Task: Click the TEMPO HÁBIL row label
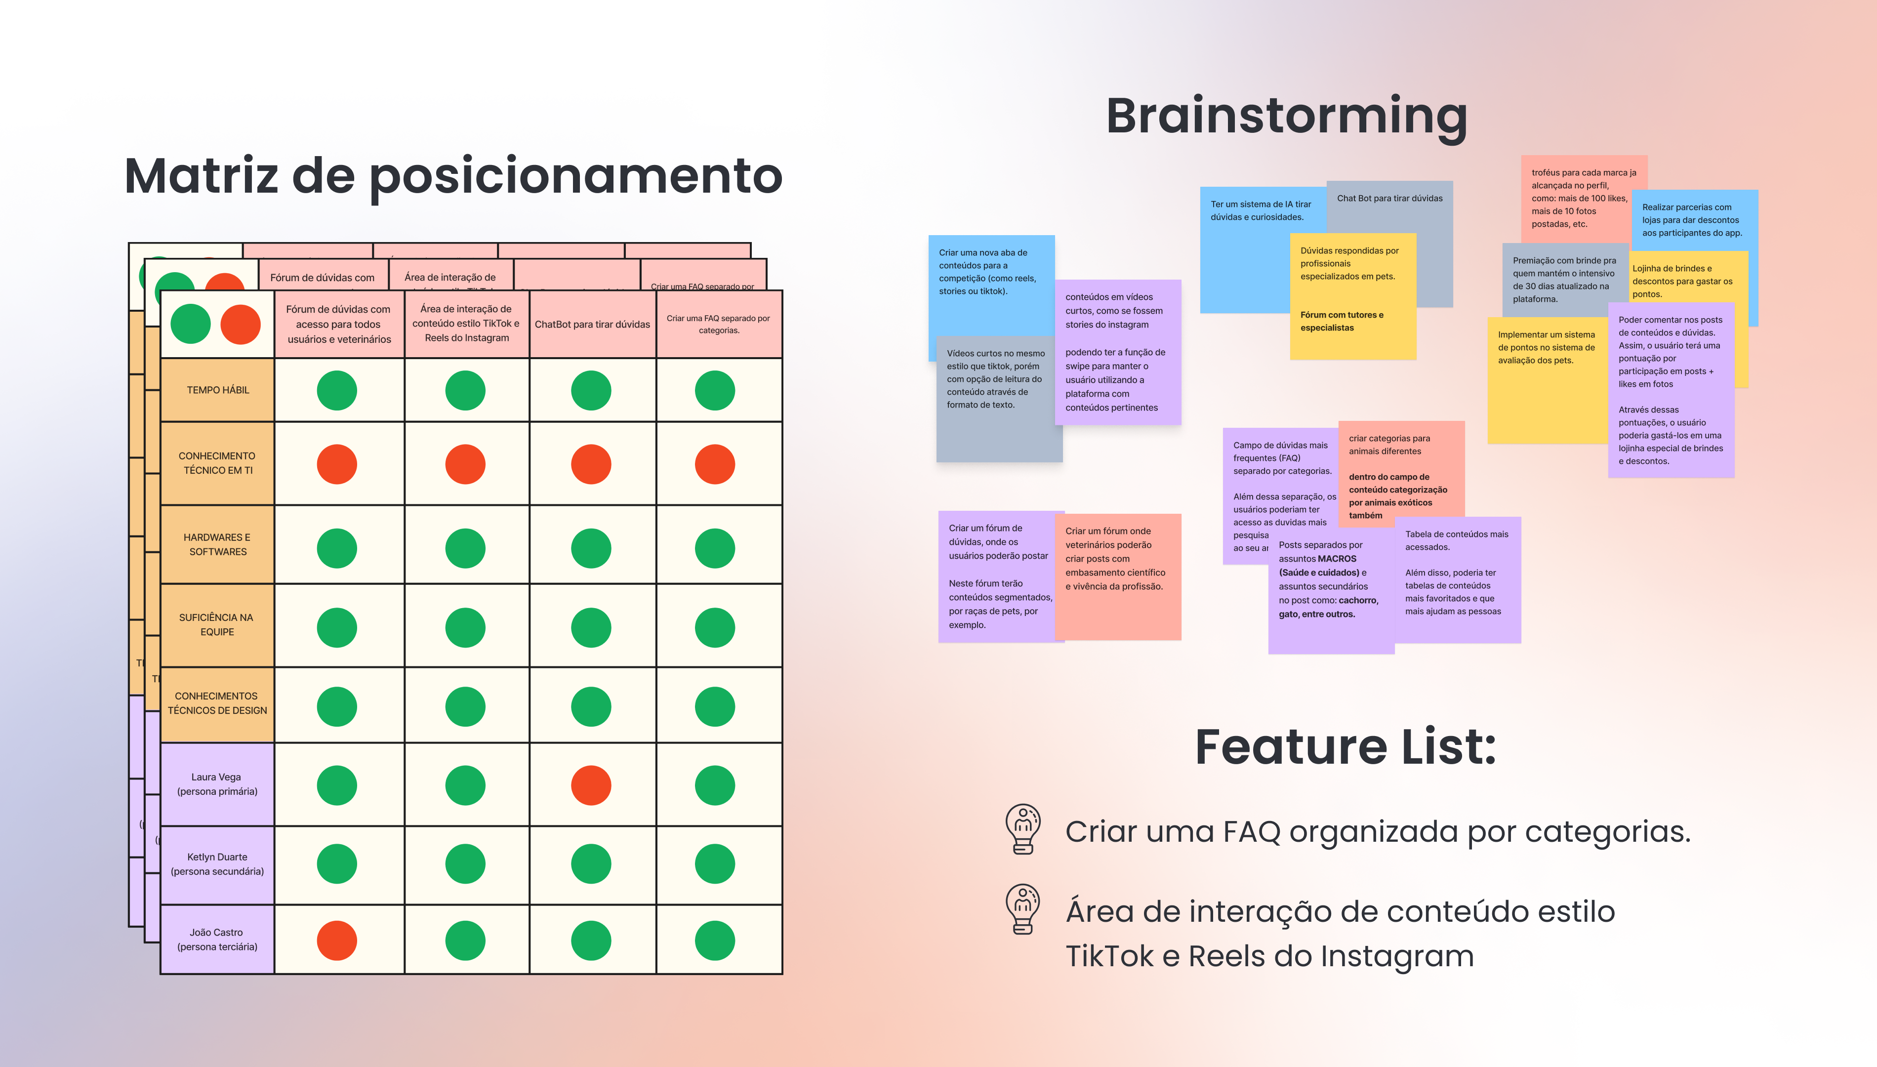point(218,390)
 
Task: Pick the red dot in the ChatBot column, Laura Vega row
point(590,785)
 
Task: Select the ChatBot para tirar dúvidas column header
point(592,324)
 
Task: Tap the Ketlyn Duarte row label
point(217,864)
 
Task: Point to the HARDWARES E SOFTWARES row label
point(218,544)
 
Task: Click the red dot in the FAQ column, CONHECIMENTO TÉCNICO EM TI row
point(714,465)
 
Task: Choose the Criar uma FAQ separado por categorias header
point(718,324)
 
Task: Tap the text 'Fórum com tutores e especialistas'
point(1342,321)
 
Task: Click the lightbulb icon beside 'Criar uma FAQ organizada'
point(1023,829)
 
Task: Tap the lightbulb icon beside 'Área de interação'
point(1023,909)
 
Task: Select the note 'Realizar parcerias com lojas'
point(1692,220)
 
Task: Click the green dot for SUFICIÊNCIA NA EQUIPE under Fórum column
point(337,627)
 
